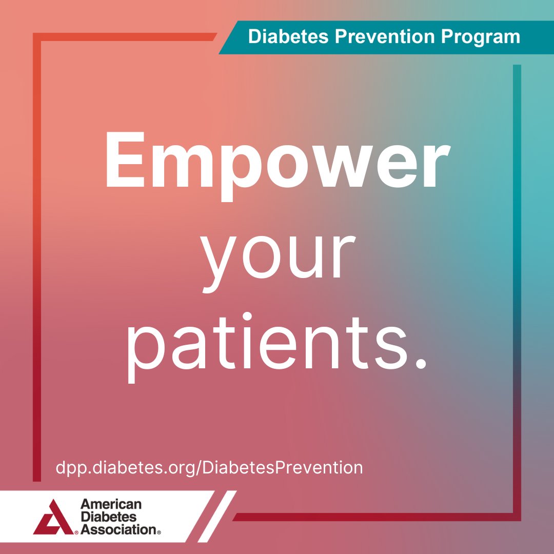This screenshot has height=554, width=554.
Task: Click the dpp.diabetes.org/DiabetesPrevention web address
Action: pyautogui.click(x=209, y=468)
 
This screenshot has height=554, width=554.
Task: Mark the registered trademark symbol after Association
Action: pyautogui.click(x=159, y=532)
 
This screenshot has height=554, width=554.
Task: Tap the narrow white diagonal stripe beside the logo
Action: pyautogui.click(x=217, y=516)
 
